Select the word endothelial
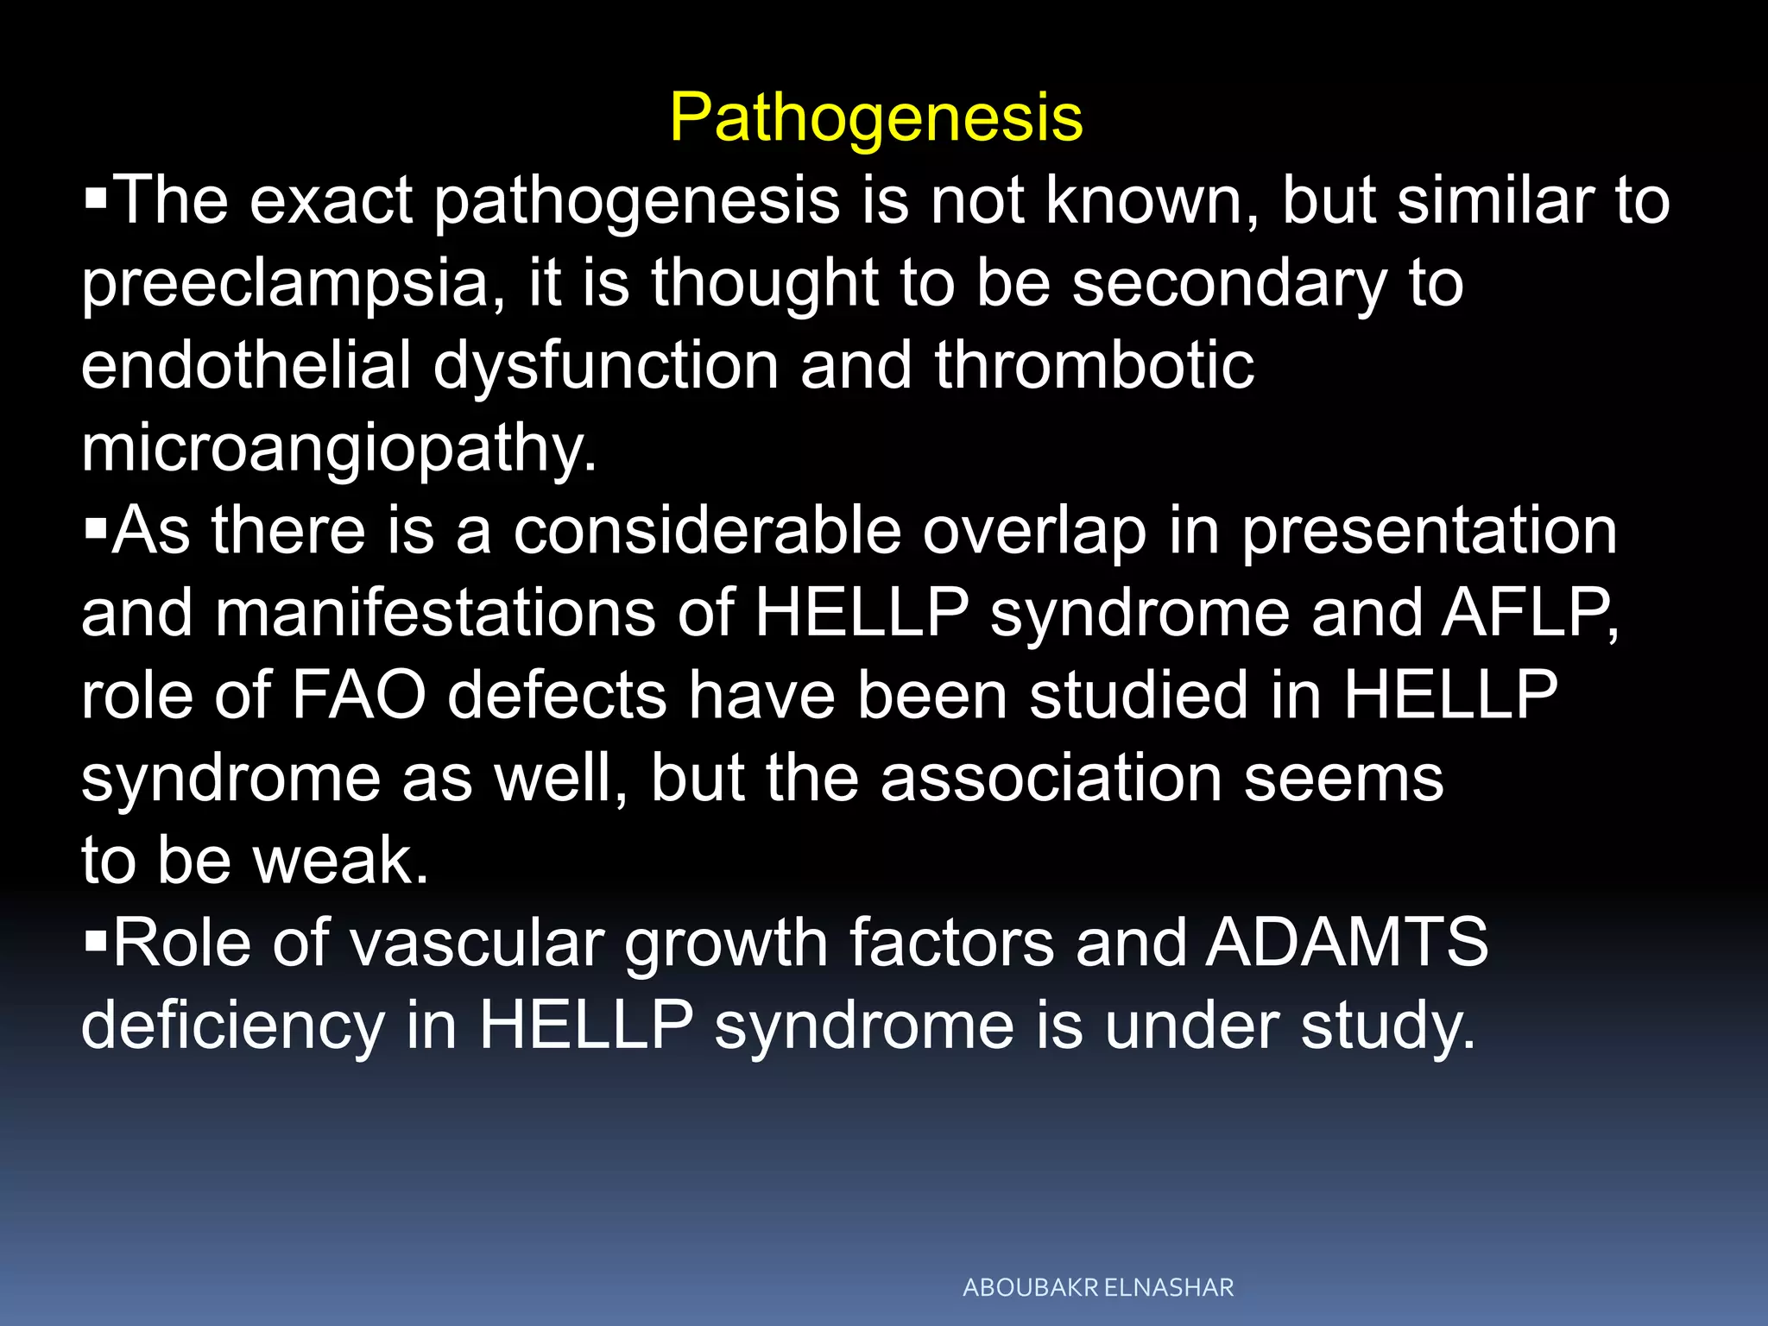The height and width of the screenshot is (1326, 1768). [x=246, y=365]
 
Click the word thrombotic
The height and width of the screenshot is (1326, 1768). [x=1094, y=365]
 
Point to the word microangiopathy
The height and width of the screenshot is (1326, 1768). [x=338, y=450]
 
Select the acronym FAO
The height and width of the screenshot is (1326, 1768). [x=359, y=695]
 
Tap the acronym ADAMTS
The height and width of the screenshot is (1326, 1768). [x=1347, y=942]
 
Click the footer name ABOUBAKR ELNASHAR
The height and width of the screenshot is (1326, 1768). [x=1098, y=1288]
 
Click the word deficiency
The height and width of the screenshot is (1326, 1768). [x=232, y=1026]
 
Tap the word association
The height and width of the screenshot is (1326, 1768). [x=1051, y=778]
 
